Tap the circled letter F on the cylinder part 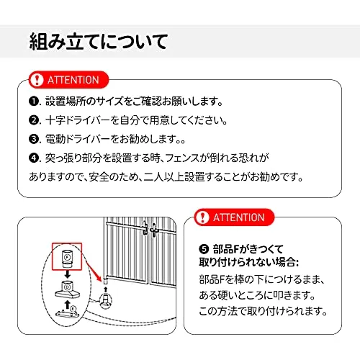(x=67, y=257)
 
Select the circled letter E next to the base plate (x=73, y=308)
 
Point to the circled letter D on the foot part (x=68, y=287)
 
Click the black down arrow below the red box (x=68, y=274)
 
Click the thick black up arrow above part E (x=68, y=305)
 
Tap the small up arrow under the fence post (x=106, y=289)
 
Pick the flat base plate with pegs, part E (x=66, y=313)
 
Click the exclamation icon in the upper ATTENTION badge (x=37, y=80)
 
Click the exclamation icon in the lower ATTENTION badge (x=202, y=217)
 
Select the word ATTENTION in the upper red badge (x=73, y=80)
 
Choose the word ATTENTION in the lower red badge (x=239, y=217)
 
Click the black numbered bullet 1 (x=34, y=102)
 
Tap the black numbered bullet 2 (x=34, y=120)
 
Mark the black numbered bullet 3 (x=34, y=139)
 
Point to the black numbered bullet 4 (x=34, y=158)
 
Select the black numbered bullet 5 (x=204, y=249)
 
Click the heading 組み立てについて (x=98, y=42)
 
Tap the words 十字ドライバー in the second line (x=78, y=120)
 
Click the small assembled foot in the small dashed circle (x=106, y=301)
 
